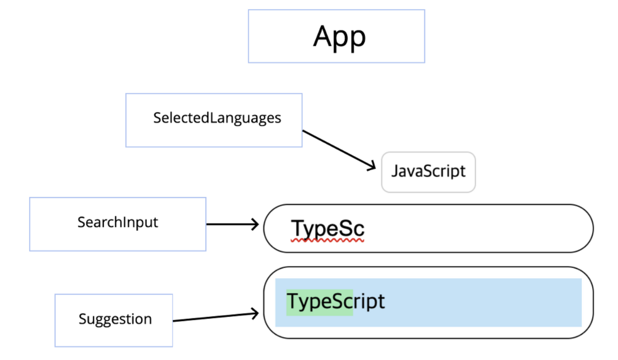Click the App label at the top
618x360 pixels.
[x=339, y=37]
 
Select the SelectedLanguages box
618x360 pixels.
[x=214, y=120]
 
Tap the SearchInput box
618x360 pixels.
[x=117, y=224]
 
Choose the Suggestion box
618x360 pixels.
[x=114, y=320]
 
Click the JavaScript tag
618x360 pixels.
[x=428, y=172]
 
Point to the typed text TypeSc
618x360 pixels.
[x=328, y=228]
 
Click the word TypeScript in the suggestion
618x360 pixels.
[x=335, y=301]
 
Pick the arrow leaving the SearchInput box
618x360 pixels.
[x=230, y=225]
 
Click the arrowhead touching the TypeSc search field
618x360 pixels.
[x=255, y=225]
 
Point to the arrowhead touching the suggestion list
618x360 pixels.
[x=255, y=314]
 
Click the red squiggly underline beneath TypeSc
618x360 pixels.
[x=328, y=240]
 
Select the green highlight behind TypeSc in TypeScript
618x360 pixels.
[x=319, y=301]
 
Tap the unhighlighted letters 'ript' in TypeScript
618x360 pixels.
[x=369, y=301]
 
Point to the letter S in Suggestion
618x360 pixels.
[x=82, y=319]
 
